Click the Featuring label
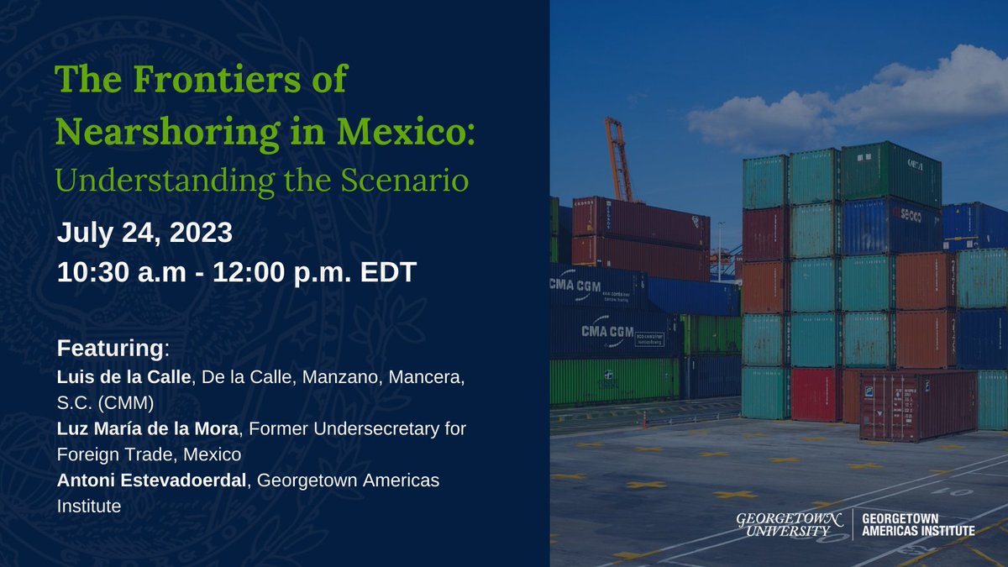click(x=112, y=347)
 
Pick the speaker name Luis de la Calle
click(x=124, y=379)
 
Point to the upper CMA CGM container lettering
click(x=575, y=286)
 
